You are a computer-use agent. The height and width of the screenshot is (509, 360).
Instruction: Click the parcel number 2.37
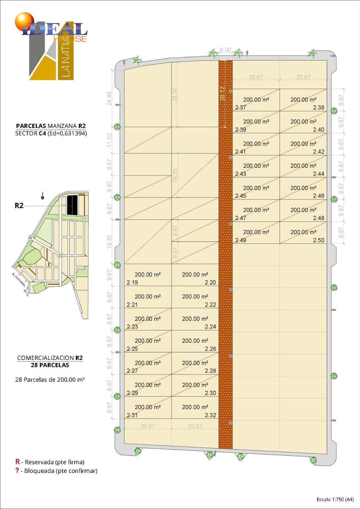click(240, 108)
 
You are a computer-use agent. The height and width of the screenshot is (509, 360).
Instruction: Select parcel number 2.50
click(318, 240)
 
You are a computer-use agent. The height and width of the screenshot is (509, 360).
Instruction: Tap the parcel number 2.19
click(132, 282)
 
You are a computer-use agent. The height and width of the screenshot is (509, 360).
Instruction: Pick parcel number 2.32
click(210, 415)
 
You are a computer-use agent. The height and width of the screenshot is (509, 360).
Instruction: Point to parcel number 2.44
click(318, 174)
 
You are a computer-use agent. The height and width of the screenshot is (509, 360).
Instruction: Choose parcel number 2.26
click(210, 349)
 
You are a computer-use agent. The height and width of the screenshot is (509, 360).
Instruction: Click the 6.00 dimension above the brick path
click(225, 50)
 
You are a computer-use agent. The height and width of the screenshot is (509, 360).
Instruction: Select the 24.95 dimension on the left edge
click(110, 98)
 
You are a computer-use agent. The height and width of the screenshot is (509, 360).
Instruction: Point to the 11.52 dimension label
click(110, 140)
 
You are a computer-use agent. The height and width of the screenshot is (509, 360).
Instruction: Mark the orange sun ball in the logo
click(24, 22)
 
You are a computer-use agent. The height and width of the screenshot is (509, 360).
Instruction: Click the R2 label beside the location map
click(19, 206)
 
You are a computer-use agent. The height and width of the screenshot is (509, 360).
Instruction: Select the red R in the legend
click(17, 461)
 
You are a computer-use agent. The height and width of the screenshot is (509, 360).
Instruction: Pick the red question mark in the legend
click(17, 470)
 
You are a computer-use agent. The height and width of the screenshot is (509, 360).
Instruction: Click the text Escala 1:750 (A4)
click(335, 499)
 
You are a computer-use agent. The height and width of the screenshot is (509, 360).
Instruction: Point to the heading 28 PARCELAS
click(50, 365)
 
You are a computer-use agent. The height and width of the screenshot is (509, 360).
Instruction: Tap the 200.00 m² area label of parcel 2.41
click(256, 144)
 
